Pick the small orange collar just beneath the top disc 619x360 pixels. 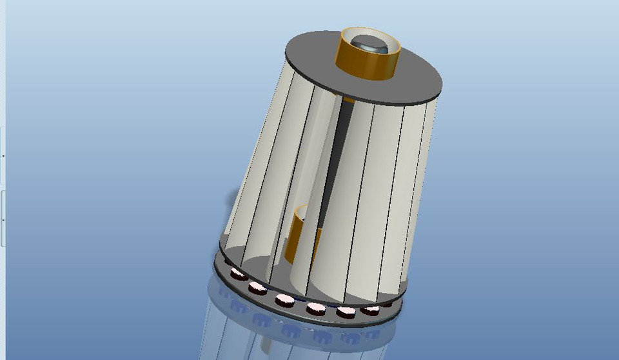(x=348, y=100)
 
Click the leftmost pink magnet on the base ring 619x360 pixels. (x=239, y=275)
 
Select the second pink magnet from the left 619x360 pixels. (x=258, y=287)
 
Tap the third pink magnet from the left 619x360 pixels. (x=284, y=299)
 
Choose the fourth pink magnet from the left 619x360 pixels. (x=316, y=308)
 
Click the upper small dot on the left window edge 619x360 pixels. (x=3, y=155)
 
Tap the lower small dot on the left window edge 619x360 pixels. (x=3, y=220)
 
